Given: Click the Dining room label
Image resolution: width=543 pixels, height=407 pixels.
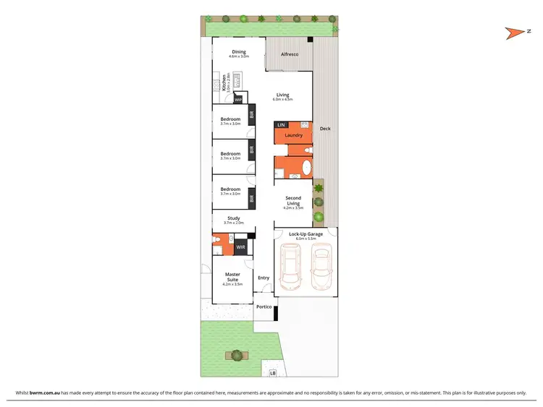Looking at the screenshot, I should point(238,51).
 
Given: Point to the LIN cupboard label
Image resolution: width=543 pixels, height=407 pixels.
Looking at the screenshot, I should point(281,126).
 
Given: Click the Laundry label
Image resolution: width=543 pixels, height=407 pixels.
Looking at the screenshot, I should point(293,135).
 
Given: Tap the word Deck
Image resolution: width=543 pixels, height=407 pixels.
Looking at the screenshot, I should point(325,129).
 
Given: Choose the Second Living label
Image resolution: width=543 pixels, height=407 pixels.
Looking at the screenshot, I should point(292,200).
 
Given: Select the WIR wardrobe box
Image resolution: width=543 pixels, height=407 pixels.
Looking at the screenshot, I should point(240,247).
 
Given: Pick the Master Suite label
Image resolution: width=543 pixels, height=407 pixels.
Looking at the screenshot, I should point(232,277).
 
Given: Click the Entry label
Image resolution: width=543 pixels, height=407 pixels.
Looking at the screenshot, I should point(264,278).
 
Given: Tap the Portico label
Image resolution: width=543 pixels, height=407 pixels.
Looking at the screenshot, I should point(264,307).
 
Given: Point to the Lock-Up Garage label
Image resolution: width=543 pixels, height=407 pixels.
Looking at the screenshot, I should point(305,234).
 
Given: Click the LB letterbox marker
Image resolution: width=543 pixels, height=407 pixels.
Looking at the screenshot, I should point(273,373).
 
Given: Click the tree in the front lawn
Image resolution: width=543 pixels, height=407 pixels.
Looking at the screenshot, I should point(235,354).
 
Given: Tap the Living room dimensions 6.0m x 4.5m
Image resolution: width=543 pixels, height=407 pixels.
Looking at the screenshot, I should point(282,99).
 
